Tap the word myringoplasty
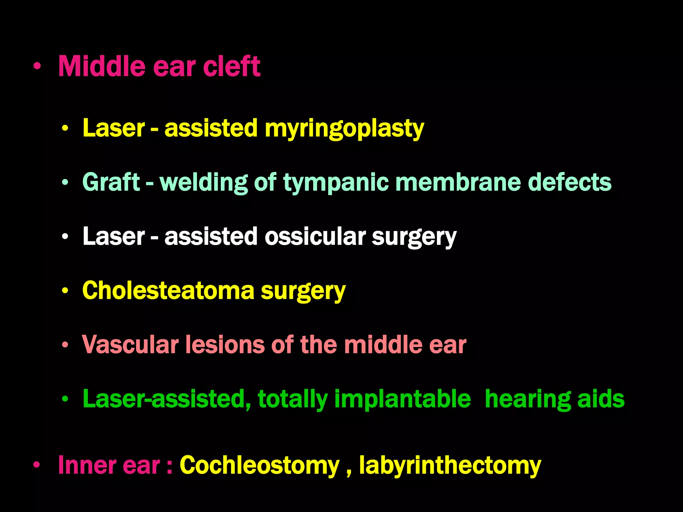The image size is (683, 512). (x=344, y=129)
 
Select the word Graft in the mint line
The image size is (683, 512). (x=111, y=182)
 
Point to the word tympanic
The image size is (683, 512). (x=336, y=183)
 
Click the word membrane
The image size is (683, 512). (x=458, y=182)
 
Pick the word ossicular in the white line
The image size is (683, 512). (x=315, y=236)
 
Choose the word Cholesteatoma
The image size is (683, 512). (x=168, y=291)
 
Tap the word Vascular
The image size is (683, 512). (x=130, y=345)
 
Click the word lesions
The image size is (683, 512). (x=225, y=345)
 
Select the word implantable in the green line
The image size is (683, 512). (x=403, y=399)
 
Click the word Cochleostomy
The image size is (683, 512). (x=259, y=465)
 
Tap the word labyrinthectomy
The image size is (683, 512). (x=450, y=466)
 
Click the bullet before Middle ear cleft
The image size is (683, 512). (x=37, y=66)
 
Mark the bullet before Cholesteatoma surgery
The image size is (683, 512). (x=65, y=290)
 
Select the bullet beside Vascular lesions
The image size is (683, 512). (x=65, y=345)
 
